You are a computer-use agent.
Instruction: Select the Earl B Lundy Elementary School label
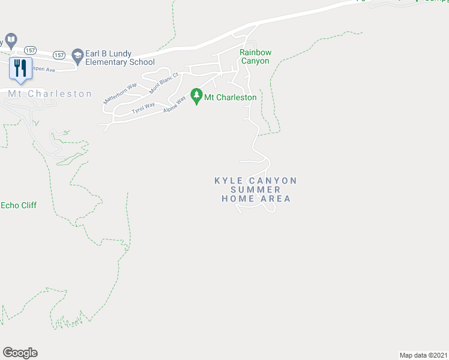[120, 58]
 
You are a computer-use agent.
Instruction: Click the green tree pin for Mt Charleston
[196, 96]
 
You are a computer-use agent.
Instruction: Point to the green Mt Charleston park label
[231, 97]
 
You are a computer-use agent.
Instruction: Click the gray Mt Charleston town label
[50, 94]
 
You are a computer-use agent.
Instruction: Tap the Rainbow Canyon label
[255, 56]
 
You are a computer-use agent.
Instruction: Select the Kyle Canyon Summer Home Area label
[256, 189]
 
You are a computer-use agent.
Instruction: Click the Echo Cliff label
[19, 205]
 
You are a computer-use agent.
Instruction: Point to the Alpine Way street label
[174, 103]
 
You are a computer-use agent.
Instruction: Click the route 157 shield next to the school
[59, 55]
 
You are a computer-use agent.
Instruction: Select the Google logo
[20, 353]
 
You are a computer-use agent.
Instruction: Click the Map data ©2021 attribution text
[424, 355]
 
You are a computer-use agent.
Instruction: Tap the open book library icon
[10, 41]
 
